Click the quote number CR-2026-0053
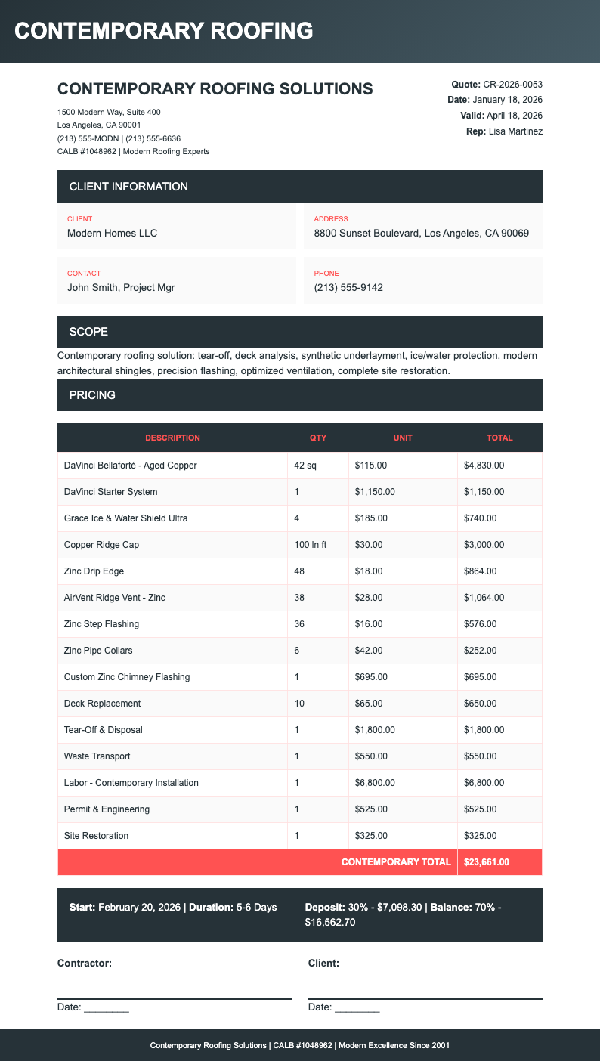(512, 84)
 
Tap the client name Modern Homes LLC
(112, 233)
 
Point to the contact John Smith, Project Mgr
(121, 287)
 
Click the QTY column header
(317, 438)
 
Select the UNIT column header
(403, 438)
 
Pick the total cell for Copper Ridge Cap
(484, 545)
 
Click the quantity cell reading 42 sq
(305, 466)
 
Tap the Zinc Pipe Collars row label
(98, 651)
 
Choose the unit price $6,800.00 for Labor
(375, 783)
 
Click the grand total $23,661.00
(487, 862)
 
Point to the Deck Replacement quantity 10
(299, 704)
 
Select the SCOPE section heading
(88, 332)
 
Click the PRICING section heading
(92, 395)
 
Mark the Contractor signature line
(174, 998)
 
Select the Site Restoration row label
(96, 836)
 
